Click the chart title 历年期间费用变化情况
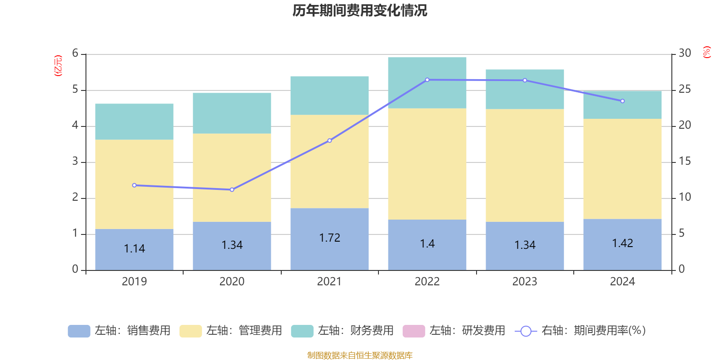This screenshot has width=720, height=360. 360,10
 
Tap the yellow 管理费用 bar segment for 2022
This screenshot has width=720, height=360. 427,164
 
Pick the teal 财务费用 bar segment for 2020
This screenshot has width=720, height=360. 232,113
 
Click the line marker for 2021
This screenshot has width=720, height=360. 329,141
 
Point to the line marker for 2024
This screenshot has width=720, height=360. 622,101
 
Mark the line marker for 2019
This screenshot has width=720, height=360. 134,185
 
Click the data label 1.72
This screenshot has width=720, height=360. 329,238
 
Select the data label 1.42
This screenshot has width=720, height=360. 622,243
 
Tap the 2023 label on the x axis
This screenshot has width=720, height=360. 525,282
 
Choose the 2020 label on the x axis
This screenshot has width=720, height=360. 232,282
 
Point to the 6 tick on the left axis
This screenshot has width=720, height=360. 75,54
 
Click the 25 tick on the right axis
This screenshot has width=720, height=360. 684,90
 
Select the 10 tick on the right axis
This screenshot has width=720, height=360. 684,197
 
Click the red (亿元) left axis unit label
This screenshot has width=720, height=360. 58,66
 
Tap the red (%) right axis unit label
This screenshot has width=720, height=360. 706,52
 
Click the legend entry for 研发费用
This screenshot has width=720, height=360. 467,331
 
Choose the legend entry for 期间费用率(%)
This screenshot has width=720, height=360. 593,331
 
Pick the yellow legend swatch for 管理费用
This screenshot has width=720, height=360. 190,331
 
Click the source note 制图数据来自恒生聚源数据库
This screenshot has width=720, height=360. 360,355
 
